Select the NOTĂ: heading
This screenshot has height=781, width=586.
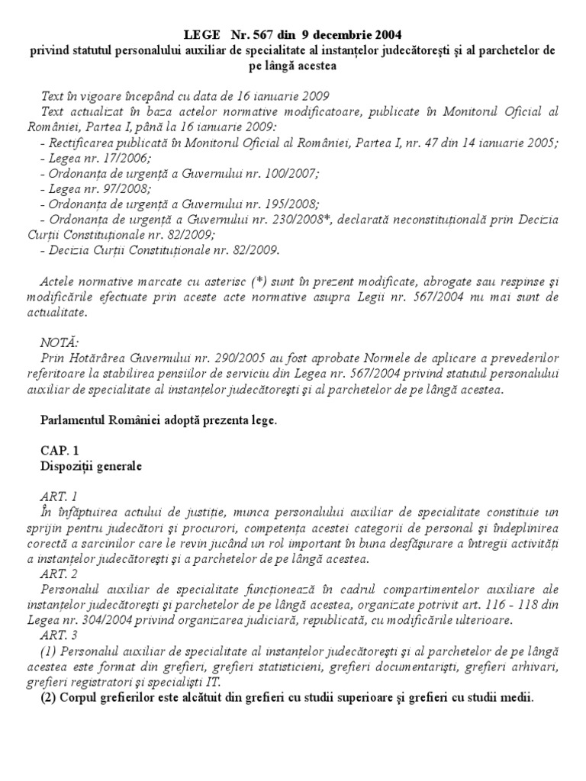(58, 343)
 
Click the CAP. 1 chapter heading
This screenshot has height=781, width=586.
(59, 451)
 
